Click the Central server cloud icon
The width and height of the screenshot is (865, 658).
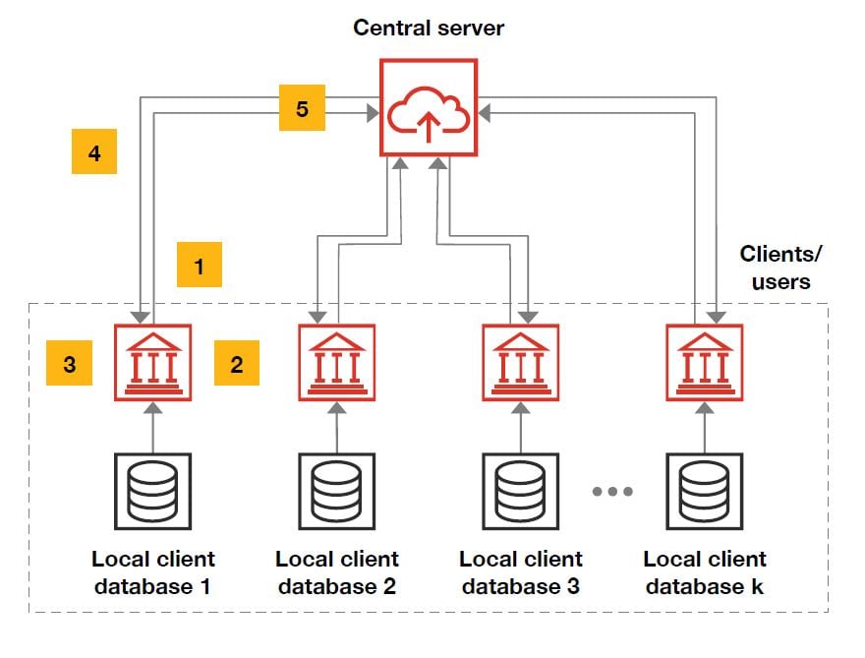pos(429,107)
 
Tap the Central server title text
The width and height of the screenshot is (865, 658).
pos(429,28)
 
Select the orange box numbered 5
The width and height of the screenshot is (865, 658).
pos(302,108)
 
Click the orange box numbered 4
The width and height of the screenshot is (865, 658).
pos(94,152)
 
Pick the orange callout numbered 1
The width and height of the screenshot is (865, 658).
pos(200,266)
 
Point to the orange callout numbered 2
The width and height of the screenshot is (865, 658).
pos(236,364)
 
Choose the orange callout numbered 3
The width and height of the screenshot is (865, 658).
pos(69,364)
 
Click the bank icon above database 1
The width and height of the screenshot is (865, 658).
pos(153,363)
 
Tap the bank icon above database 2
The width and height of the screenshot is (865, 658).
pos(337,363)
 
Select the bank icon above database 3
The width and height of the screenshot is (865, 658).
pos(521,363)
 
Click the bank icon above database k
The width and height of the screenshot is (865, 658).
pos(705,363)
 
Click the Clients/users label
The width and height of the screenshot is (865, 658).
pos(781,268)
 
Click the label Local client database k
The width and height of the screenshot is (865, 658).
pos(705,572)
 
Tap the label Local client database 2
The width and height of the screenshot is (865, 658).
pos(337,572)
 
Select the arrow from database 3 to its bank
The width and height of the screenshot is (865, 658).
pos(521,428)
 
